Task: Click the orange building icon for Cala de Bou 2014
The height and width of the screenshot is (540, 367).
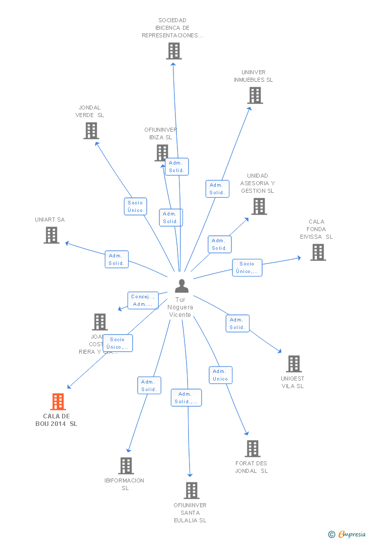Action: [58, 402]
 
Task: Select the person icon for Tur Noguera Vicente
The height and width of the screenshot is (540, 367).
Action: [181, 286]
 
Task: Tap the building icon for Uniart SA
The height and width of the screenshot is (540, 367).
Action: [51, 235]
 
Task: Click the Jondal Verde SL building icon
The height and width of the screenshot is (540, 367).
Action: [91, 131]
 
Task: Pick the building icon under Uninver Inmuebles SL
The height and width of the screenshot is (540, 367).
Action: [255, 95]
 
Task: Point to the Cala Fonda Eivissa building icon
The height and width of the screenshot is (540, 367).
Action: [318, 252]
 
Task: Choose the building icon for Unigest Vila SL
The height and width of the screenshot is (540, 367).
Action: [293, 364]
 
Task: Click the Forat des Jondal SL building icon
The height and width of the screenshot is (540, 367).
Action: [253, 449]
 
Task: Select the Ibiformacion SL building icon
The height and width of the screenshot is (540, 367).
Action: [126, 466]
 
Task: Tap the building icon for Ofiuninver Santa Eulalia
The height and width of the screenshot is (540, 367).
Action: [192, 491]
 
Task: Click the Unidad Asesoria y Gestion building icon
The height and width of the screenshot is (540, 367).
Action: [259, 206]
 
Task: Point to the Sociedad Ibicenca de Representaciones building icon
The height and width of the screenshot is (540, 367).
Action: [174, 51]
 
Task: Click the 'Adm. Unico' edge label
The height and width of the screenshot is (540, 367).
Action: [220, 375]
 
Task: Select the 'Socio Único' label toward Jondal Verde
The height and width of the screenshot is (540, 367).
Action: [135, 206]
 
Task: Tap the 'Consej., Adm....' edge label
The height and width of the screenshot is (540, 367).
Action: [143, 300]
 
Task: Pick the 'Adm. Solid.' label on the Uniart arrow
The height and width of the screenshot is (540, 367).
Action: [116, 259]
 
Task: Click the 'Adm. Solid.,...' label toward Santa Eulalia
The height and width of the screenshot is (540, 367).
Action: [186, 398]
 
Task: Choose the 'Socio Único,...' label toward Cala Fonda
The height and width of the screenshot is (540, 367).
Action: [247, 267]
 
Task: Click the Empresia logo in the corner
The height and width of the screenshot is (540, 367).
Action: [348, 534]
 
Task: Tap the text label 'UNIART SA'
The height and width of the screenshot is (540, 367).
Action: [49, 220]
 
